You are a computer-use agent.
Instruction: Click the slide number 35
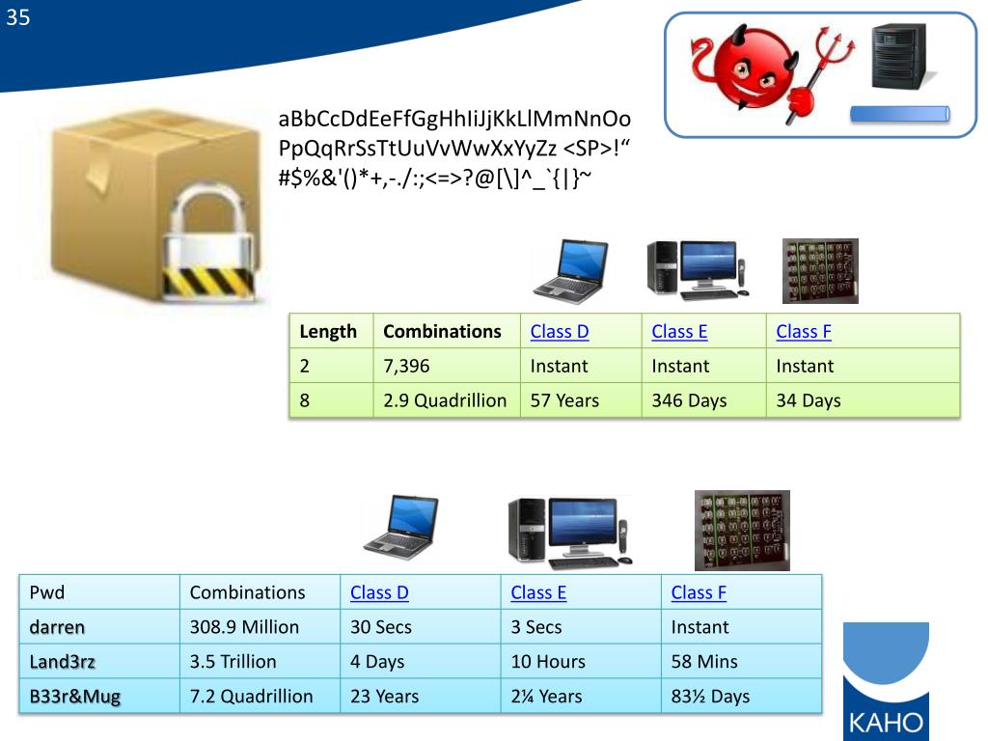[x=18, y=17]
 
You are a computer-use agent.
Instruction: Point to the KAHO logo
[x=886, y=681]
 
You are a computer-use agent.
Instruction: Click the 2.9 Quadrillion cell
[x=445, y=400]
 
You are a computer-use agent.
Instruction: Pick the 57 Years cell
[x=564, y=400]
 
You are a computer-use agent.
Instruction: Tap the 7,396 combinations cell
[x=406, y=366]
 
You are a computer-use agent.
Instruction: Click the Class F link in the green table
[x=804, y=332]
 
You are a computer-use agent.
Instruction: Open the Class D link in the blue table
[x=379, y=593]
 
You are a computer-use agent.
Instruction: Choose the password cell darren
[x=57, y=627]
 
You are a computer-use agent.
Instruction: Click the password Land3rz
[x=63, y=662]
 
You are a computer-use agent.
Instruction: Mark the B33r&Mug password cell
[x=75, y=697]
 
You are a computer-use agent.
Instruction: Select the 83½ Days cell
[x=710, y=697]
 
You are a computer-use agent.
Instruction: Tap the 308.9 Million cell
[x=244, y=627]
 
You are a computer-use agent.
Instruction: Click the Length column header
[x=328, y=332]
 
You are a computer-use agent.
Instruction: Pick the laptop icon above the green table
[x=571, y=270]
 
